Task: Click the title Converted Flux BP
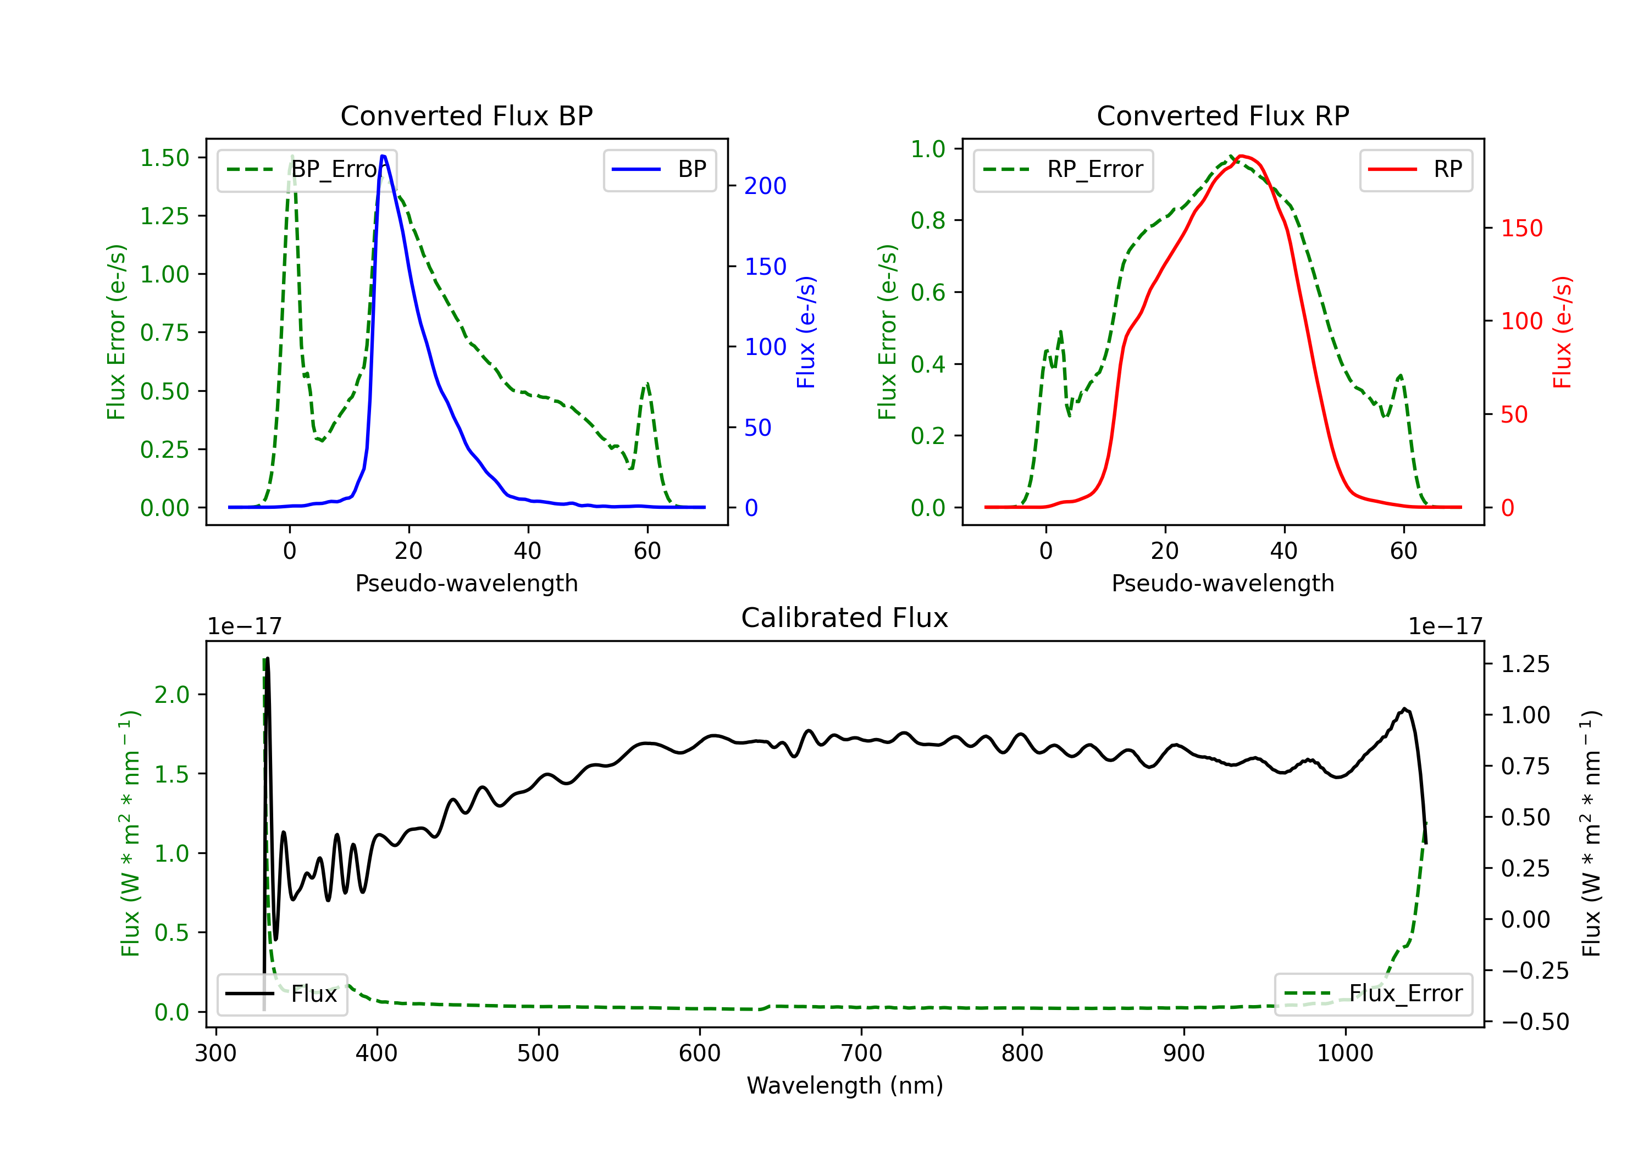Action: tap(466, 115)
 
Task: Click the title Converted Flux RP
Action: tap(1222, 115)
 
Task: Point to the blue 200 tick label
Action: tap(765, 186)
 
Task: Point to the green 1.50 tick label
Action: tap(164, 158)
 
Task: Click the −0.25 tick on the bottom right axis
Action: tap(1535, 971)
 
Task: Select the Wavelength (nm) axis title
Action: tap(845, 1085)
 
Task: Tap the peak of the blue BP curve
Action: tap(383, 156)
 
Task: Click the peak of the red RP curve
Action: tap(1242, 156)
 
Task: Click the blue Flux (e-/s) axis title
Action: tap(806, 332)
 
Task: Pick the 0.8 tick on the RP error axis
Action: tap(928, 220)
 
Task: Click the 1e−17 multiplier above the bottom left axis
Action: tap(244, 626)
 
